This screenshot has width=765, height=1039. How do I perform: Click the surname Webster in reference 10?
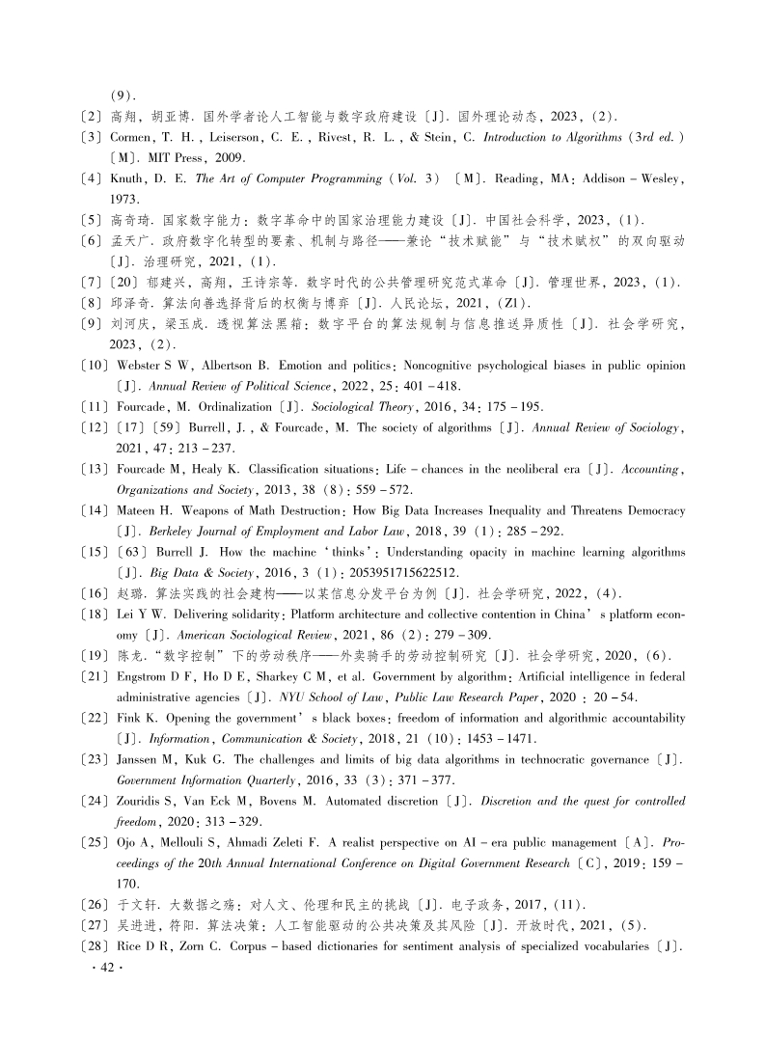click(142, 366)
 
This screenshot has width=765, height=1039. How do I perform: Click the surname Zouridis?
click(145, 802)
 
